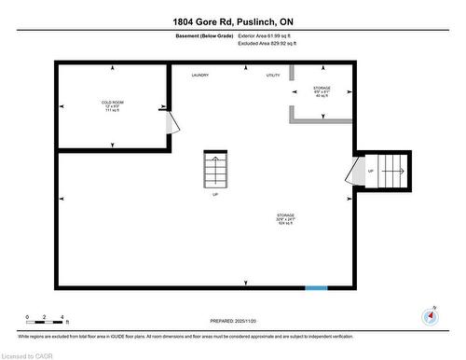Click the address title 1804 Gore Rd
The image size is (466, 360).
tap(232, 21)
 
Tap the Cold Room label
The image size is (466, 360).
tap(113, 104)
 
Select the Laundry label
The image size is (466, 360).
tap(199, 75)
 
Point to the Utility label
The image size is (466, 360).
tap(273, 75)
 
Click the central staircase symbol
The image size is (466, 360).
tap(215, 169)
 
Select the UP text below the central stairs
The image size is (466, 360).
tap(215, 195)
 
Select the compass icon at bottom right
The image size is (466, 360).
tap(429, 315)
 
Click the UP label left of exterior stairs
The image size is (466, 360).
tap(370, 172)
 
